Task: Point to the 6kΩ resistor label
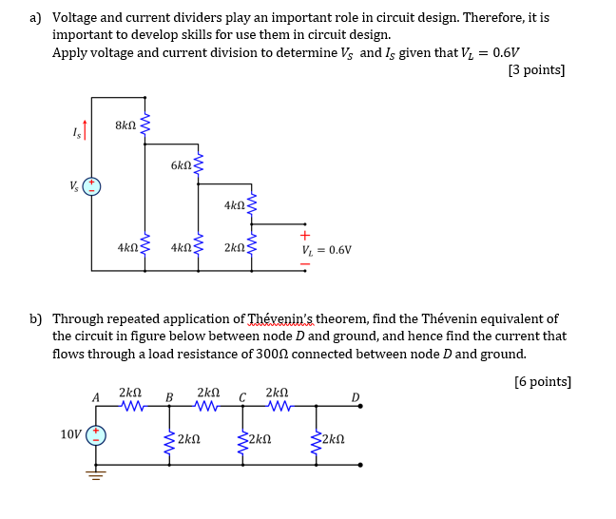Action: (x=181, y=165)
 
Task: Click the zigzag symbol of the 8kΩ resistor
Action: (x=144, y=125)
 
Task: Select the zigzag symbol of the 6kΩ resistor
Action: (x=198, y=164)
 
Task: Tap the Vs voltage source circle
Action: (x=92, y=186)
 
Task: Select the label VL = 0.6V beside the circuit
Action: (x=326, y=250)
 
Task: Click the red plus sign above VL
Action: (x=304, y=235)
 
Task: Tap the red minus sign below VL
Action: (x=304, y=266)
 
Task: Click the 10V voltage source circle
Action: (x=95, y=434)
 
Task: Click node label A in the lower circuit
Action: (x=95, y=397)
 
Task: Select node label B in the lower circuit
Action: (x=169, y=397)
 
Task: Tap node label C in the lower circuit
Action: (x=242, y=397)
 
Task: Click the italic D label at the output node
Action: (x=356, y=396)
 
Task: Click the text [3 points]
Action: (x=536, y=69)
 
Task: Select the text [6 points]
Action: (x=542, y=381)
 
